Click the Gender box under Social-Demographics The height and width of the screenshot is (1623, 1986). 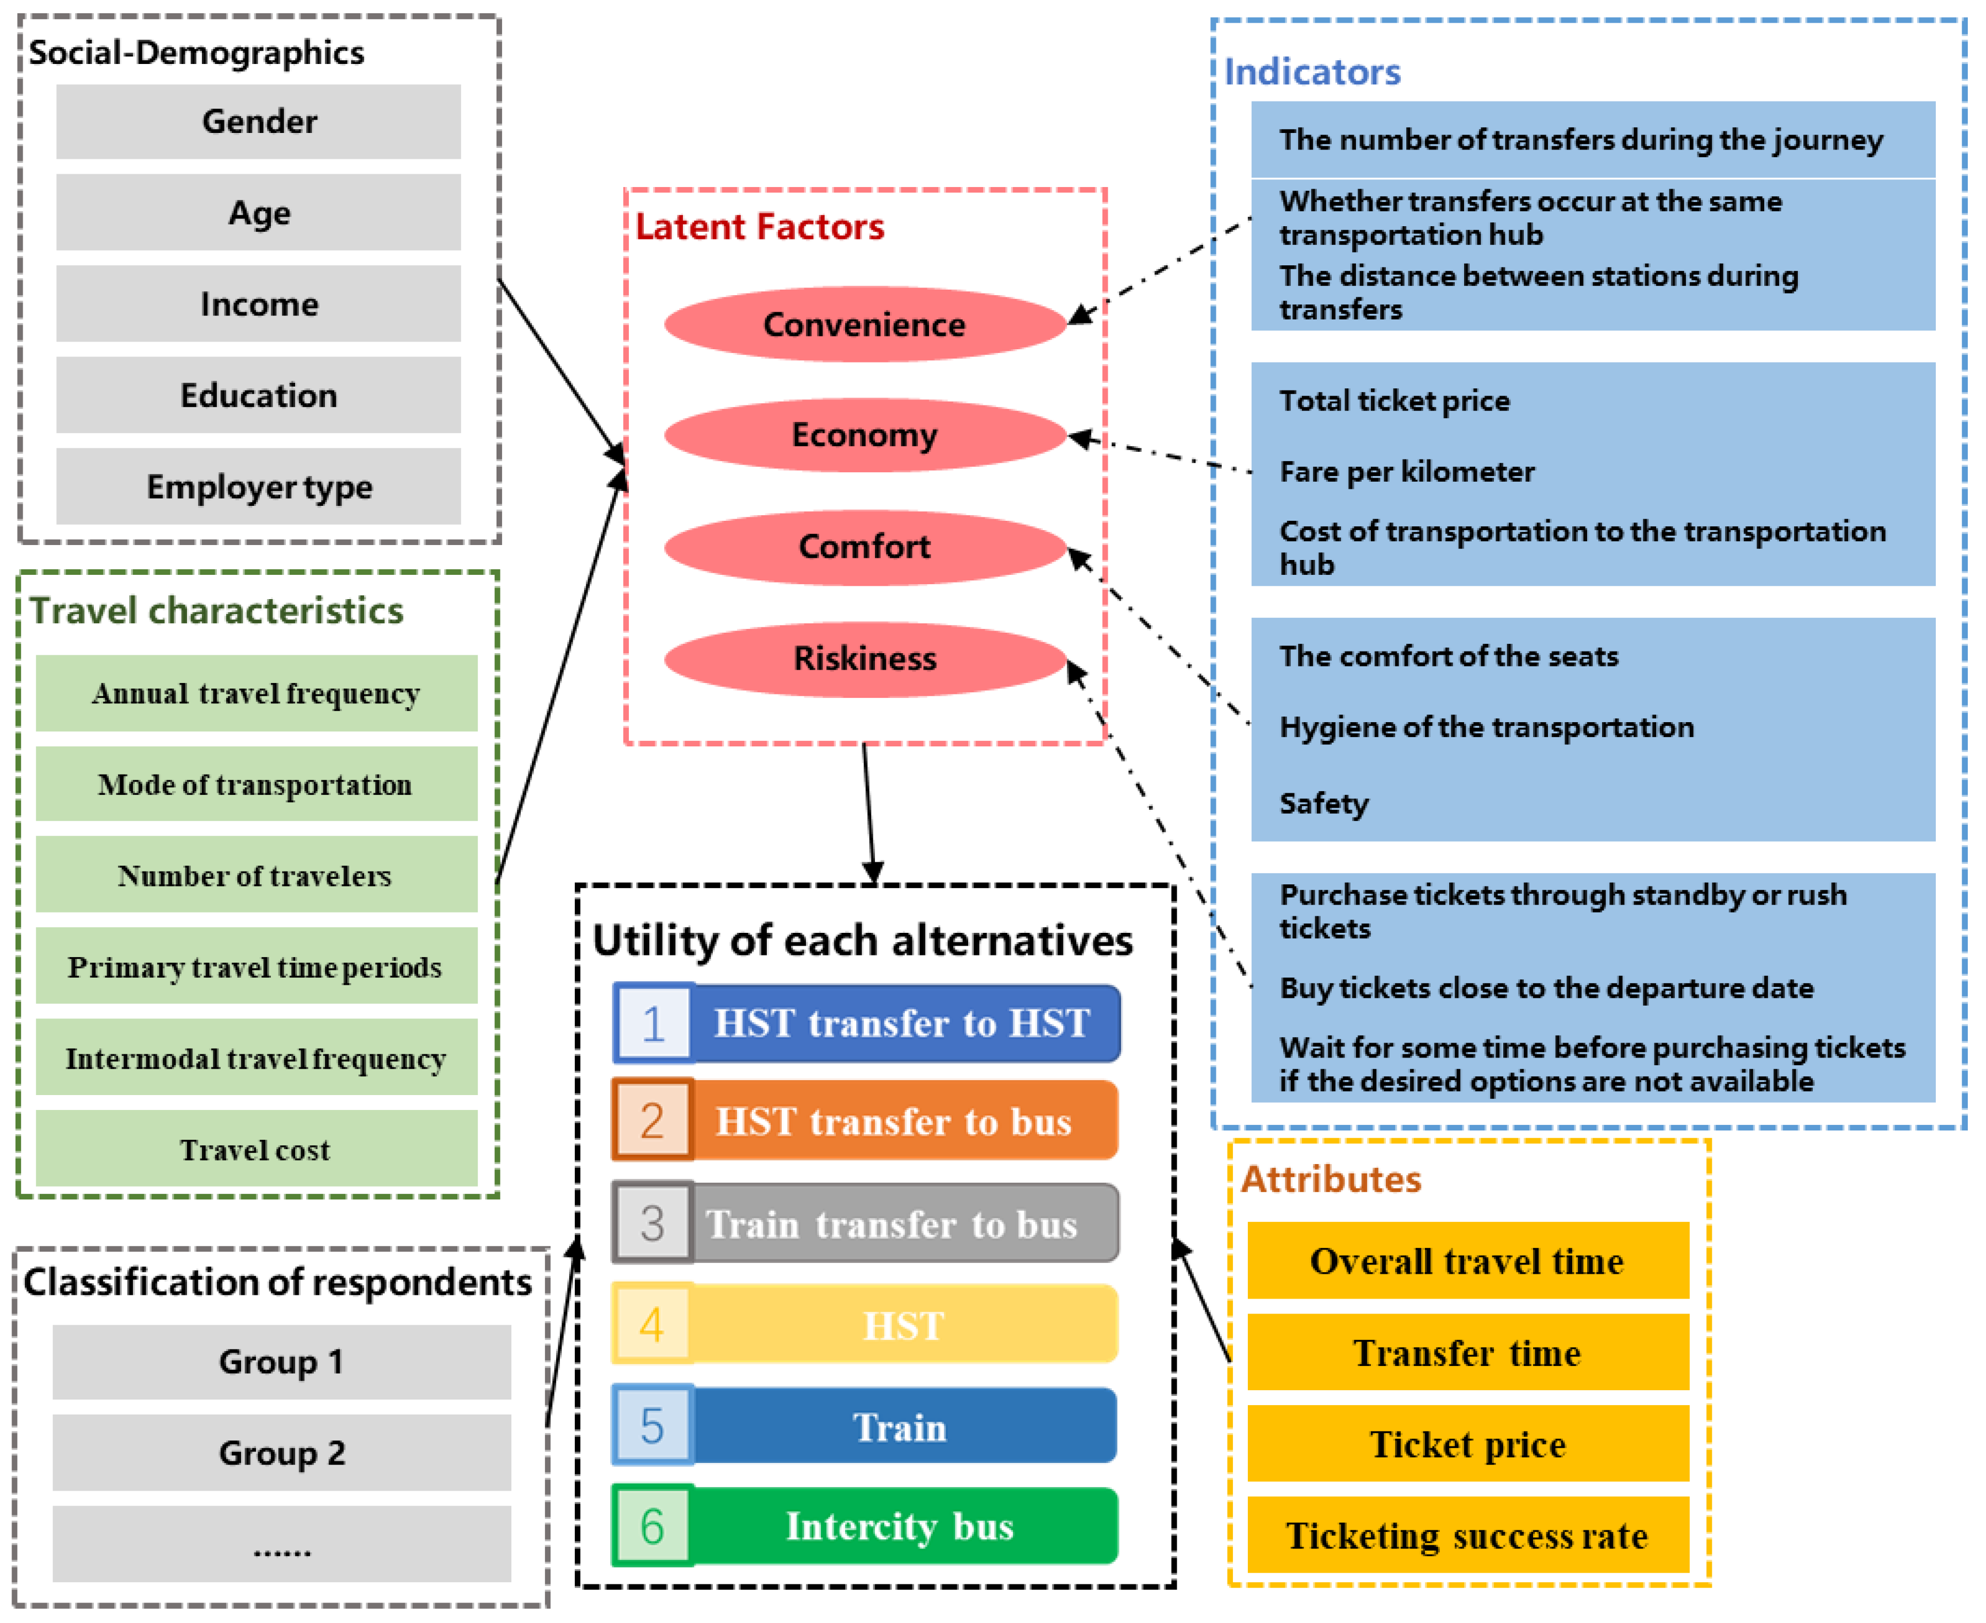point(258,121)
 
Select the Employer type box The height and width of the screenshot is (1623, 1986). point(258,486)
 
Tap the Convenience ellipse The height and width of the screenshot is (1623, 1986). point(865,324)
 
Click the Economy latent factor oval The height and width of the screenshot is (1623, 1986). point(865,435)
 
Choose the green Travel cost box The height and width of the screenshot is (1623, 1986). point(256,1149)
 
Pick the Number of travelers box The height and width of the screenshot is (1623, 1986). point(256,875)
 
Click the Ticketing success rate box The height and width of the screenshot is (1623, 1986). point(1468,1536)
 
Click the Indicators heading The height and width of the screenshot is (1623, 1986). point(1312,72)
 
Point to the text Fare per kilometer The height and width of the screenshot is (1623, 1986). point(1406,471)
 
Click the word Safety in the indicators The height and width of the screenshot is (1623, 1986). point(1323,803)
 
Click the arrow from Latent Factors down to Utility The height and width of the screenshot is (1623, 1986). point(869,813)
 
